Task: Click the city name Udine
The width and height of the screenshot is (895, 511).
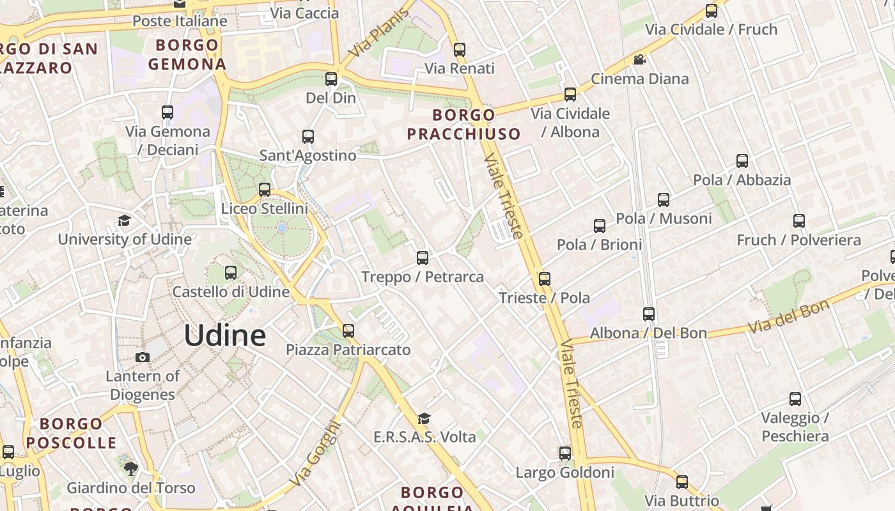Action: click(225, 336)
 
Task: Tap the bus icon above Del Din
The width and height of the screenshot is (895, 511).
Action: click(331, 79)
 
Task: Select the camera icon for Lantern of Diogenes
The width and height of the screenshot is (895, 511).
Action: click(143, 357)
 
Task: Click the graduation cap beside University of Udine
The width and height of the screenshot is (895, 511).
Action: click(124, 220)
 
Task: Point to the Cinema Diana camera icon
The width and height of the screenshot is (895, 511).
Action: click(639, 60)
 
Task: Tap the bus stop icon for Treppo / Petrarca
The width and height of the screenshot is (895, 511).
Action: click(422, 258)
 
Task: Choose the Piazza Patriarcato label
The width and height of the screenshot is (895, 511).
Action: click(348, 350)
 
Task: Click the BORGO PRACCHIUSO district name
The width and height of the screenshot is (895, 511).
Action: click(463, 125)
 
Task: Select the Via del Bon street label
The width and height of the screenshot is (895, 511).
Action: click(788, 317)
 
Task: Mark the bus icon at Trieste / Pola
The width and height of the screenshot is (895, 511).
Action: click(544, 279)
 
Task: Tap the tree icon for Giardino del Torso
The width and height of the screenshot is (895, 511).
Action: click(130, 469)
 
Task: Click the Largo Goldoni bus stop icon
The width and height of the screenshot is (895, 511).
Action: click(564, 454)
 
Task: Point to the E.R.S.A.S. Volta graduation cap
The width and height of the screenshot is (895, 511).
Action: click(423, 418)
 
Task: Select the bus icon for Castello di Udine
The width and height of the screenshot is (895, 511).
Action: click(231, 273)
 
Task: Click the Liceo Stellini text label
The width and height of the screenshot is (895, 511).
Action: click(264, 209)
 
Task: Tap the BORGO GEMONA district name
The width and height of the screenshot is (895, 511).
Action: click(187, 54)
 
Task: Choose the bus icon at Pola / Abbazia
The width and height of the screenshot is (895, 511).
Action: click(742, 161)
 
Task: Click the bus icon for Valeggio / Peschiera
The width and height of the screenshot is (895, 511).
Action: click(795, 399)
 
